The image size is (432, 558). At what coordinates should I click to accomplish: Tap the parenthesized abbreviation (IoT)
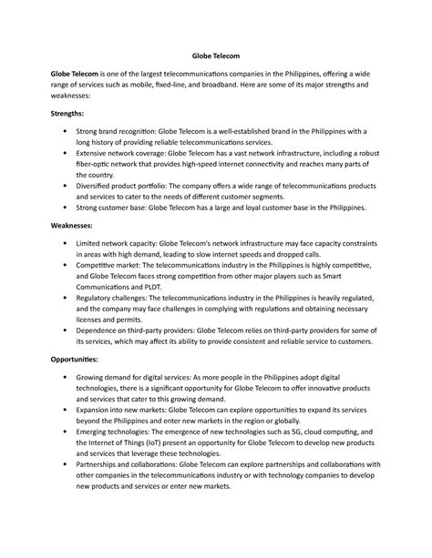pos(161,441)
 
